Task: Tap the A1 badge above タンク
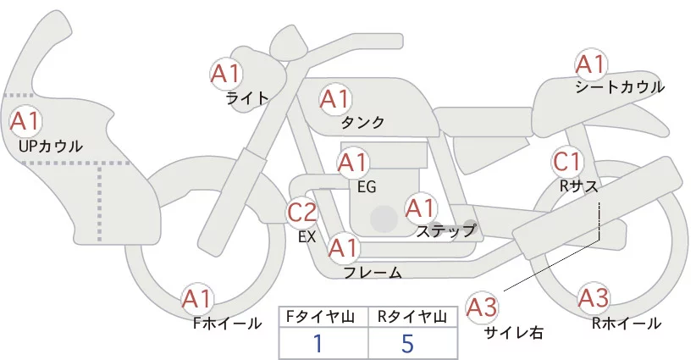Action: tap(334, 99)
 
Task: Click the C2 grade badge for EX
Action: tap(302, 212)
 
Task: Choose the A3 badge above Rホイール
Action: tap(593, 298)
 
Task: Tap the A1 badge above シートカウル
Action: tap(590, 64)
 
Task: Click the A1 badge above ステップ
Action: tap(421, 207)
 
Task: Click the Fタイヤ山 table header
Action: tap(323, 317)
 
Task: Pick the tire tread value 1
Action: tap(318, 343)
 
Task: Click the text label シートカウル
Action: tap(619, 87)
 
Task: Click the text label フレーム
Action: tap(373, 272)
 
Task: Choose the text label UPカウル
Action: tap(50, 146)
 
